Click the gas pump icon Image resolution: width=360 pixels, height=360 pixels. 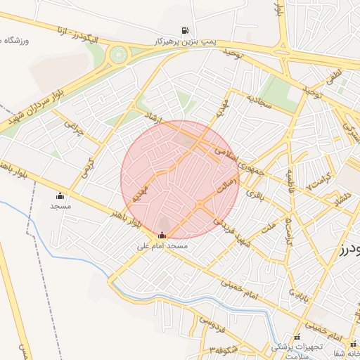point(185,30)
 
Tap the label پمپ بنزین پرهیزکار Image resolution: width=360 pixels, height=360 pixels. point(185,41)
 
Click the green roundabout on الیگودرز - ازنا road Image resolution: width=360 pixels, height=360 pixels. point(119,53)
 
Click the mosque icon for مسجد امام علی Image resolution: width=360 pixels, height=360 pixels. point(163,236)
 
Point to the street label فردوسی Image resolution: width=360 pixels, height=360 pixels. point(210,324)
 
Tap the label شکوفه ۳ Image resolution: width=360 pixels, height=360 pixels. point(225,349)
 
